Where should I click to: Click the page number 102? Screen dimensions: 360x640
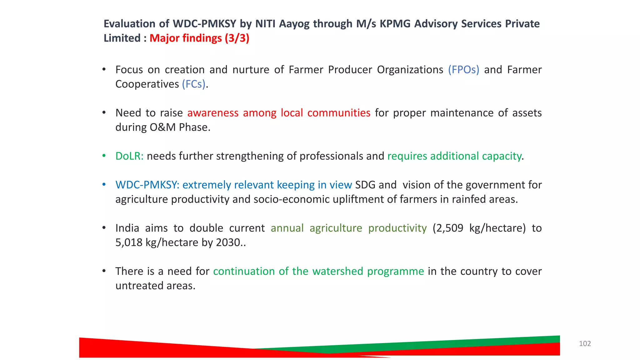585,343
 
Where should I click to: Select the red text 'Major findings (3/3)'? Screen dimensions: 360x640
199,38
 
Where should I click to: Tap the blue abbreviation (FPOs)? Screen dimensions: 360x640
463,70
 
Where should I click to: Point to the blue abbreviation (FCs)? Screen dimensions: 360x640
194,84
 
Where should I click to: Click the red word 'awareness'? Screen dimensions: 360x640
213,113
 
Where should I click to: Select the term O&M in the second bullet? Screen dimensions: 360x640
162,127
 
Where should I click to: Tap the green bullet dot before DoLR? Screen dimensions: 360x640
104,156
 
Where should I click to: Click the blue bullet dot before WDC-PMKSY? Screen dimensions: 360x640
104,184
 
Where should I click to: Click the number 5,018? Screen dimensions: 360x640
129,242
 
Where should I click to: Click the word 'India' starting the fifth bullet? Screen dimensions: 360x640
127,228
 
